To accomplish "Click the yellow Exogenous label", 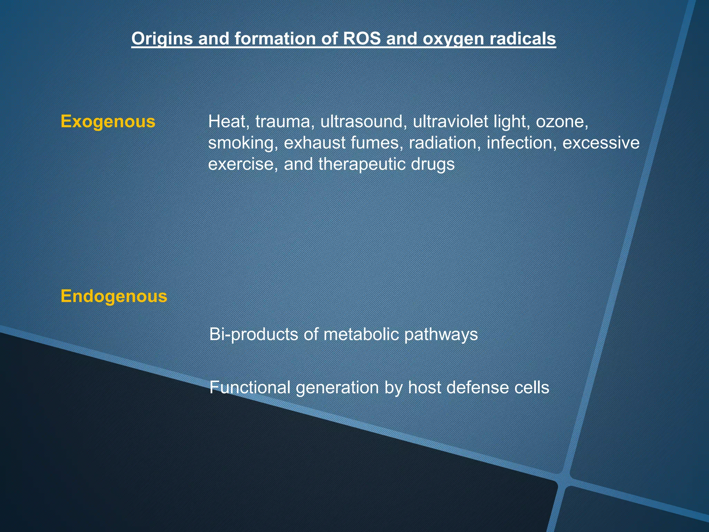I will (x=108, y=122).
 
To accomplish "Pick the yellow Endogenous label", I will (x=114, y=296).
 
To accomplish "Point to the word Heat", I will (x=227, y=122).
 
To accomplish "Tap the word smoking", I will (x=242, y=143).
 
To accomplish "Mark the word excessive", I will (x=601, y=143).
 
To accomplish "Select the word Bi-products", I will (x=253, y=335).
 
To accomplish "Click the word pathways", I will (x=441, y=335).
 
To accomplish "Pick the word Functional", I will (x=250, y=387).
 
